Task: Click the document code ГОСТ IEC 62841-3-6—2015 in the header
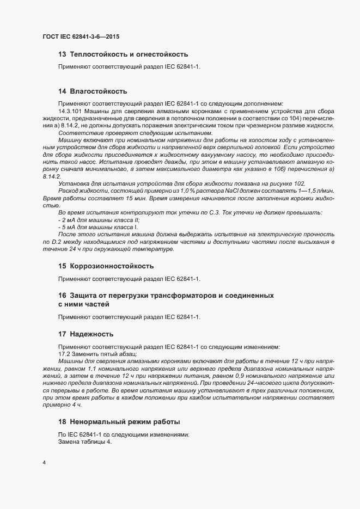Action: coord(81,37)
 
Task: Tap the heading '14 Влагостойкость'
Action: coord(93,91)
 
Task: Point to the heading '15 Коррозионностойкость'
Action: coord(106,266)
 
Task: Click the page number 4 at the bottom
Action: coord(44,463)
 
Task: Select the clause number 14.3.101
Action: coord(71,111)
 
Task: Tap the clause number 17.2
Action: coord(64,353)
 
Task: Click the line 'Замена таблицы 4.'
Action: coord(84,441)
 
